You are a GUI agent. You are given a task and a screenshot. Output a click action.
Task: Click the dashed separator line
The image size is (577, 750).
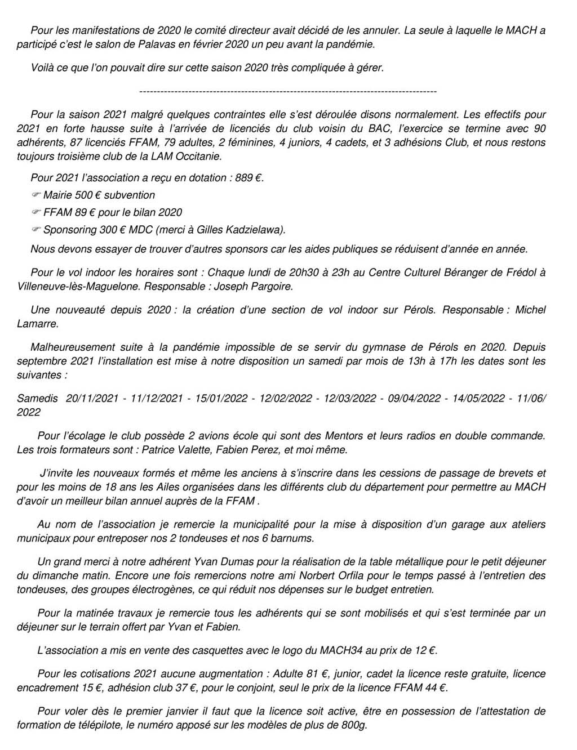pos(287,91)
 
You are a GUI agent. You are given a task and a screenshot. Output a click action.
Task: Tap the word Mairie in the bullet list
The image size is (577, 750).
pos(57,195)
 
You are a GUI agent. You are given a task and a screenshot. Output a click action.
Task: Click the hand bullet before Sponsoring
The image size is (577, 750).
pos(35,230)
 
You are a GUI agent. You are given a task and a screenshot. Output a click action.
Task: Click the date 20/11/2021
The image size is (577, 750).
pos(92,398)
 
